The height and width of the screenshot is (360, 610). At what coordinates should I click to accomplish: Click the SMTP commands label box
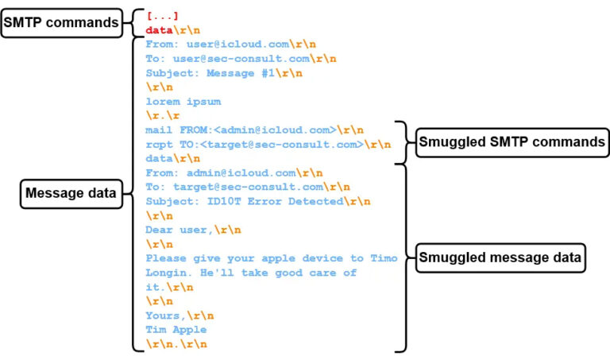click(x=60, y=23)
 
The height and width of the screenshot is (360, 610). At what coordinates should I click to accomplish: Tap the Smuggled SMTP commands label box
click(x=511, y=143)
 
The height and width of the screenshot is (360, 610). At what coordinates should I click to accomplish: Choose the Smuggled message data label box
click(x=501, y=257)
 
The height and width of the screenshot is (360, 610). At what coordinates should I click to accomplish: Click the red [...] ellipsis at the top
click(x=162, y=16)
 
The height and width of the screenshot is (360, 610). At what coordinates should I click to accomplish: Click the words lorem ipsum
click(x=183, y=101)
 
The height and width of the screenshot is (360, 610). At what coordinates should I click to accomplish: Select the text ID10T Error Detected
click(x=276, y=201)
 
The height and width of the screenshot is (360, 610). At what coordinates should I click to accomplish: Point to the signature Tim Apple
click(x=176, y=329)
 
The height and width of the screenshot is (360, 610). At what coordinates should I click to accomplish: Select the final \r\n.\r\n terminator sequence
click(x=176, y=343)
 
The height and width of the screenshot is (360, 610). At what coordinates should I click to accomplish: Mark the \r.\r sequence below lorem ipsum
click(x=162, y=115)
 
